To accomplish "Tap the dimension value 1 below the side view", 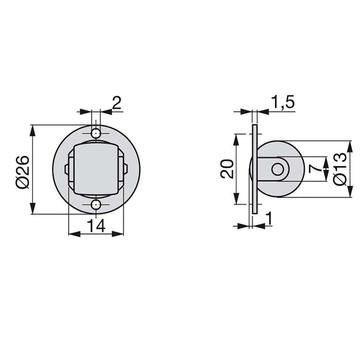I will point(269,219).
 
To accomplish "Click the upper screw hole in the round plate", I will point(96,134).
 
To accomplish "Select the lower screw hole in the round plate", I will point(96,205).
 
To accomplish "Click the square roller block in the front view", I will point(96,169).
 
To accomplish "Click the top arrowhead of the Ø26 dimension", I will point(32,129).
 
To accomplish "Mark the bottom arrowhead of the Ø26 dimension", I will point(32,210).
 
